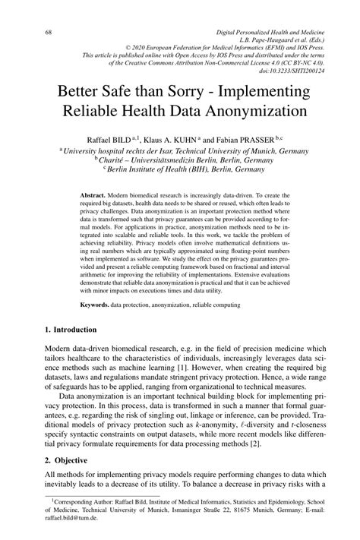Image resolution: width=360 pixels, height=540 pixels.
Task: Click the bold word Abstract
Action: pyautogui.click(x=93, y=196)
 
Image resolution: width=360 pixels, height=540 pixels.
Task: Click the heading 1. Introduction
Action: pyautogui.click(x=70, y=330)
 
